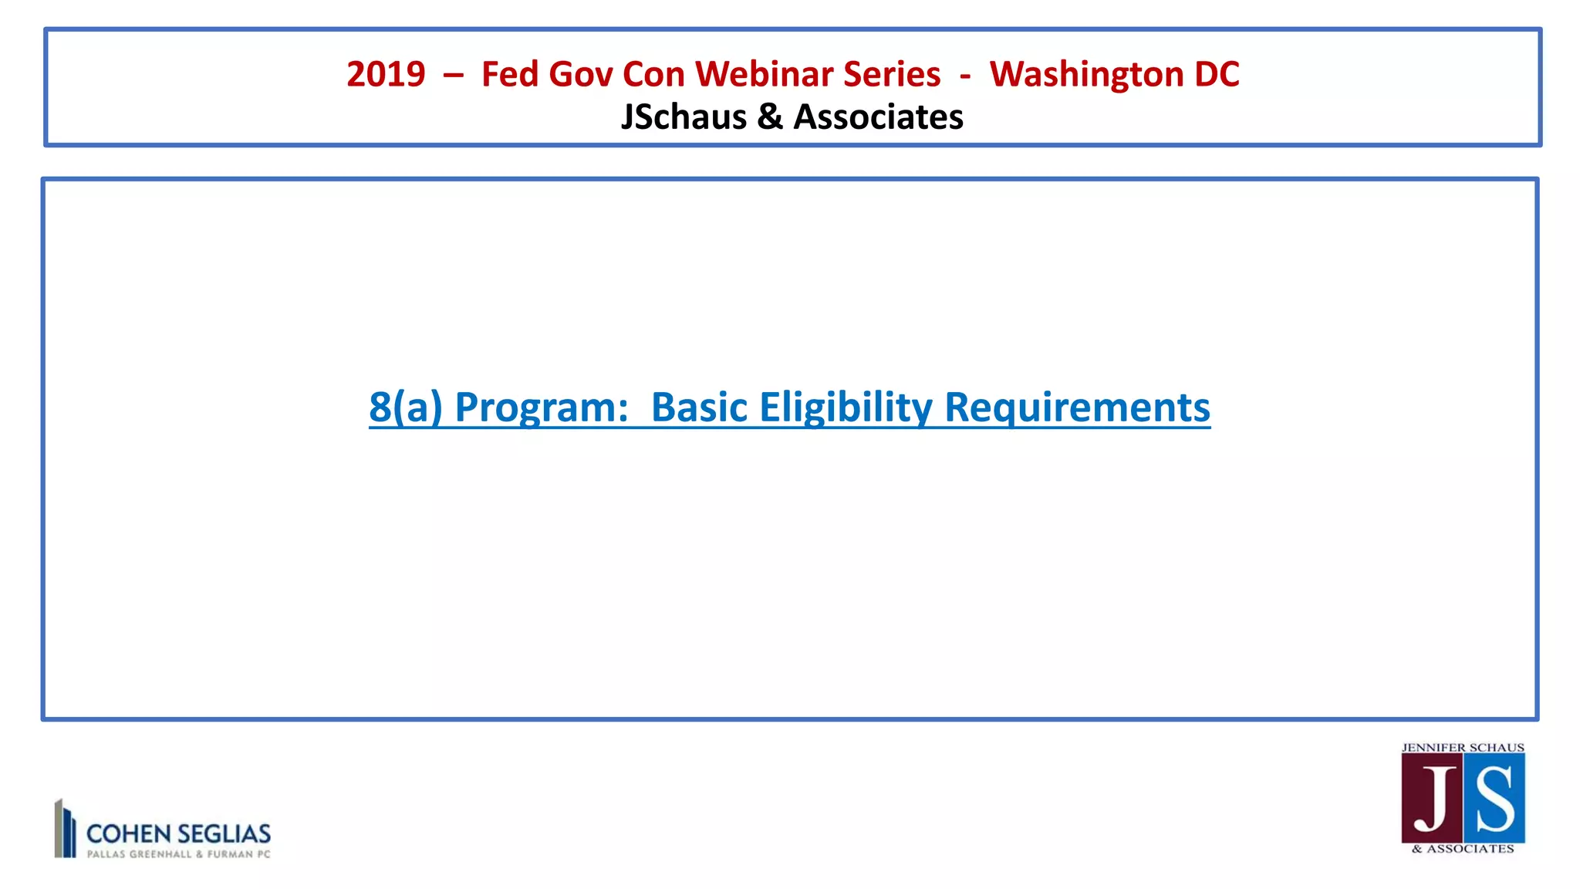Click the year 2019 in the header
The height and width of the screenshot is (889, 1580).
click(386, 75)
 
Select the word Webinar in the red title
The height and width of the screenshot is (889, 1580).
click(764, 75)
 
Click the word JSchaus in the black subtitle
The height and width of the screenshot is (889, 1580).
click(684, 117)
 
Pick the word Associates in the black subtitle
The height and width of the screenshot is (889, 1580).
click(879, 117)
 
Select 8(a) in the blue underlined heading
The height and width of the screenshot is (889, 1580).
click(406, 407)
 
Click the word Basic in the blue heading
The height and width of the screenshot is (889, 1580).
click(699, 407)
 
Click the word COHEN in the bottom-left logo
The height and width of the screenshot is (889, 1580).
click(128, 834)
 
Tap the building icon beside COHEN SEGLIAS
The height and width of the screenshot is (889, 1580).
click(65, 828)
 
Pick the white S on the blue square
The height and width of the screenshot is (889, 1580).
click(1494, 799)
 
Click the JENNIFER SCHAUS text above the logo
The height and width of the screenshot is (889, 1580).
click(1463, 748)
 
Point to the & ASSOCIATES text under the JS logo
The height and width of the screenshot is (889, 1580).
click(1463, 849)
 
